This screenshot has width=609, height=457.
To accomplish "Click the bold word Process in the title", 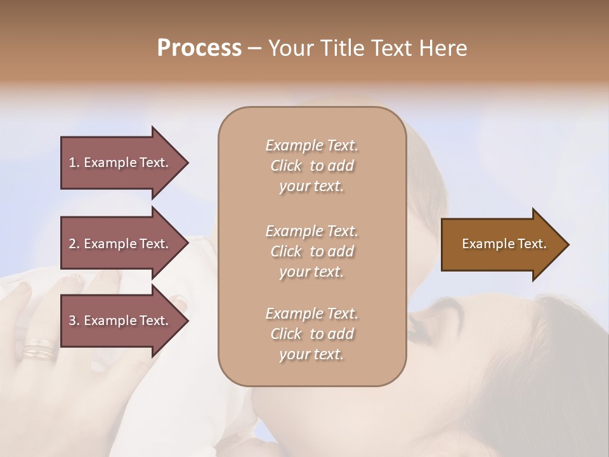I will (x=199, y=48).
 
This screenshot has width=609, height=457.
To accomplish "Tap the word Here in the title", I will (x=442, y=48).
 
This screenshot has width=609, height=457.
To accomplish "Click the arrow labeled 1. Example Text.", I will (x=121, y=162).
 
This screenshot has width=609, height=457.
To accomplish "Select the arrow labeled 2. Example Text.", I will (x=121, y=244).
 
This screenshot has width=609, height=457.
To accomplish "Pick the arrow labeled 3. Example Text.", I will (x=121, y=321).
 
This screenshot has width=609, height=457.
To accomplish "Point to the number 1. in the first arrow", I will (x=74, y=162).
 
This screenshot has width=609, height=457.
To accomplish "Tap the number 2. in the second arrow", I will (x=74, y=244).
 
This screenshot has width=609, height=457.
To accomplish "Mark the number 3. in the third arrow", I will (x=74, y=321).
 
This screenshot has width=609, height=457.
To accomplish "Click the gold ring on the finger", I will (x=39, y=348).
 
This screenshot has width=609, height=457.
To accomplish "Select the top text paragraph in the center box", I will (x=311, y=166).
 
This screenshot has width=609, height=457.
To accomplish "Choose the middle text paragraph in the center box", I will (x=311, y=251).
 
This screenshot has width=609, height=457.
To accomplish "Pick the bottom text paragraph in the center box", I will (x=311, y=334).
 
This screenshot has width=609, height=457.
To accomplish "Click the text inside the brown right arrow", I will (x=504, y=244).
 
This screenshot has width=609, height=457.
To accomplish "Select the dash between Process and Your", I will (x=255, y=48).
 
